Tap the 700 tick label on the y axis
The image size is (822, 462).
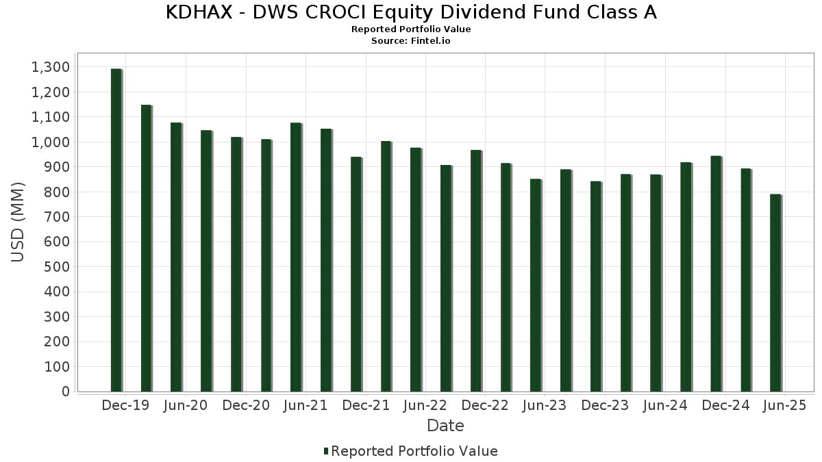tap(58, 217)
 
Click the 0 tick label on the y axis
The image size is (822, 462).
tap(65, 392)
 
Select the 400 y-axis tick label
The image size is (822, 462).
tap(58, 292)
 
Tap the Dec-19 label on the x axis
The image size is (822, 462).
tap(125, 406)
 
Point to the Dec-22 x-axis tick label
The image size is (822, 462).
tap(485, 406)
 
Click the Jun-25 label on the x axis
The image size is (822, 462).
tap(785, 406)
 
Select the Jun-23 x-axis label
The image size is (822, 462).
tap(545, 406)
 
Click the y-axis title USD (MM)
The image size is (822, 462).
tap(18, 222)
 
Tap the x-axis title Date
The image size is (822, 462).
tap(445, 426)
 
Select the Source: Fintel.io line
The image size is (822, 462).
tap(411, 41)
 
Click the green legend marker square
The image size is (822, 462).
tap(326, 451)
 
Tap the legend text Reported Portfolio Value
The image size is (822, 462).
tap(414, 451)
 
